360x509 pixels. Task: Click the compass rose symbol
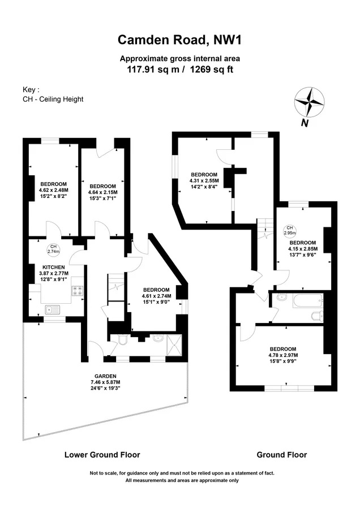(x=309, y=102)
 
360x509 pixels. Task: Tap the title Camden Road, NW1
(x=180, y=40)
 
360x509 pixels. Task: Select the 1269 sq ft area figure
(x=212, y=69)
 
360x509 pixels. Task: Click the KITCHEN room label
(x=54, y=267)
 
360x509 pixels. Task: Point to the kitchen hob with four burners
(x=78, y=291)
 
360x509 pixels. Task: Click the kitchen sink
(x=52, y=310)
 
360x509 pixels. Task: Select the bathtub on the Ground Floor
(x=308, y=301)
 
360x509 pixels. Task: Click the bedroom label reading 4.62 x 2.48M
(x=54, y=190)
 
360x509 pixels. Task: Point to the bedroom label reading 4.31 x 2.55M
(x=204, y=180)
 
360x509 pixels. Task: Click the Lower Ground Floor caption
(x=102, y=455)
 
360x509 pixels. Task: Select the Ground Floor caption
(x=282, y=455)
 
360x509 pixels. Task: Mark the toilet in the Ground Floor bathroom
(x=317, y=316)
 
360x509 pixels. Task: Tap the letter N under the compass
(x=305, y=123)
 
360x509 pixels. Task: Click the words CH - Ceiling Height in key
(x=53, y=99)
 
